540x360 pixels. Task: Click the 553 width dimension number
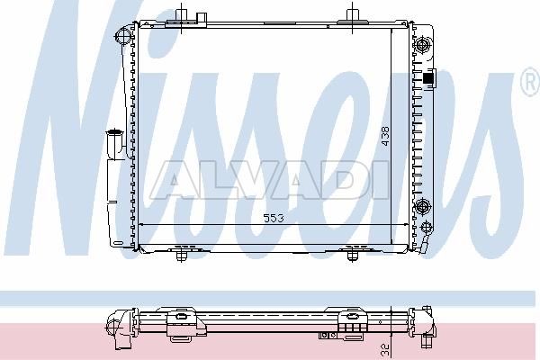click(x=274, y=218)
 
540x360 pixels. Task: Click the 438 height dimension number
click(x=385, y=136)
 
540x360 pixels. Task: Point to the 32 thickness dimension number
click(x=385, y=350)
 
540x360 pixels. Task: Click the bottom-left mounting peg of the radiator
click(x=181, y=256)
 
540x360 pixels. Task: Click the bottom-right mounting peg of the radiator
click(x=352, y=256)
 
